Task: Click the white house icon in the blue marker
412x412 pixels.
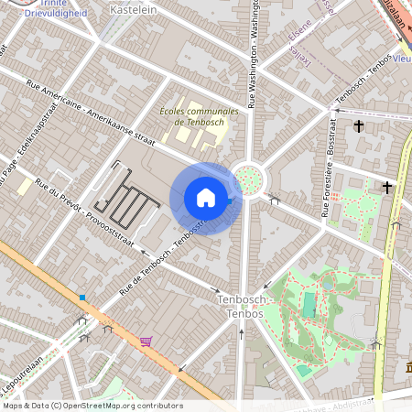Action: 206,198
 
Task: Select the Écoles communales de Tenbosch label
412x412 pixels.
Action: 199,115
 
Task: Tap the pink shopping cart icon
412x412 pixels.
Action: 146,342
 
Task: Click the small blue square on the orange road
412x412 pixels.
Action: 83,297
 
